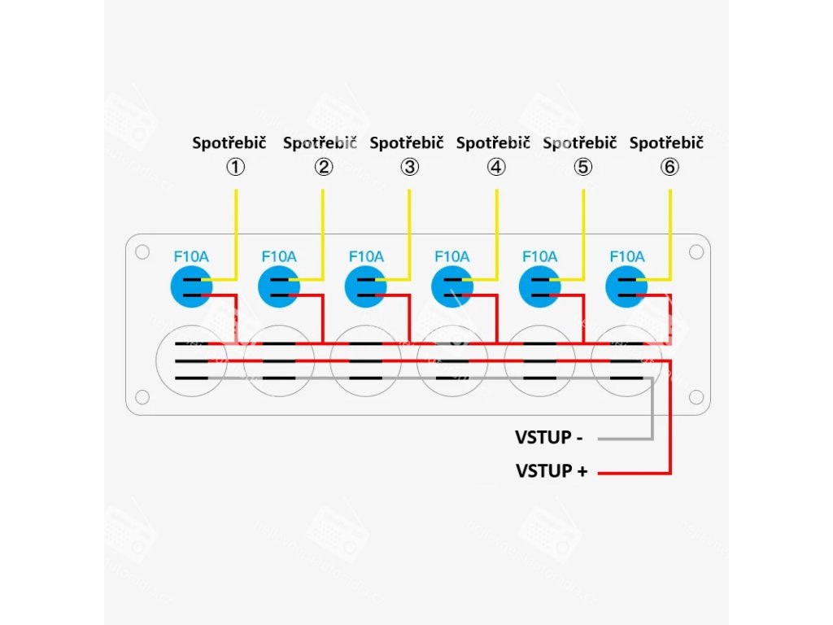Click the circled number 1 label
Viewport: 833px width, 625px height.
235,168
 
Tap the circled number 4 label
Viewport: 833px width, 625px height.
496,168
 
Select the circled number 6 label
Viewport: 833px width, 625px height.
669,168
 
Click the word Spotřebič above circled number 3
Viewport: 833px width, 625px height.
407,143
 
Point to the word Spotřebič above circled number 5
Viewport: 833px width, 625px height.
579,143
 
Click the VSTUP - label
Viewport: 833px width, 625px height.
548,438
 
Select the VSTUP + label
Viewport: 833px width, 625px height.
551,470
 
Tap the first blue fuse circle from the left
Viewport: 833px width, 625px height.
191,286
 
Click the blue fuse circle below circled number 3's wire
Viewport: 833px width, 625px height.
365,286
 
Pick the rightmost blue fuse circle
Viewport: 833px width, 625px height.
626,286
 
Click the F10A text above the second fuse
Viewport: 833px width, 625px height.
279,256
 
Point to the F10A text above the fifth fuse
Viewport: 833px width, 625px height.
539,256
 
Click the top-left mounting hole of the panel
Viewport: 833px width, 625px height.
142,252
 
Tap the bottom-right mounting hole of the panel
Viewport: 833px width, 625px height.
696,397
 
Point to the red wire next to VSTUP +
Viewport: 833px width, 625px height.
635,472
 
